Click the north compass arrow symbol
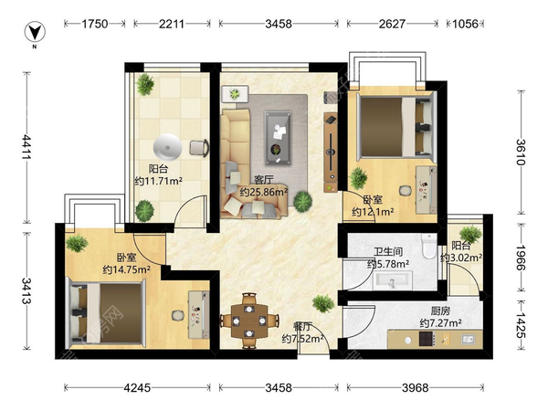point(35,32)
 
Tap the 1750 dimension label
point(95,24)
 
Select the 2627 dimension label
point(392,24)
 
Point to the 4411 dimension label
point(26,147)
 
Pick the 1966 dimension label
point(521,258)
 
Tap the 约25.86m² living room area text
point(264,192)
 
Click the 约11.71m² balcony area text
point(158,181)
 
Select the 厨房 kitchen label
point(440,311)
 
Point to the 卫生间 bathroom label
point(388,252)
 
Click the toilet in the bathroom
point(428,246)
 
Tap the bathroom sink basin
point(392,280)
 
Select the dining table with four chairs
point(249,321)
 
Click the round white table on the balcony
point(167,147)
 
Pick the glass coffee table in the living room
point(278,138)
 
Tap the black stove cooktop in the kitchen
point(427,339)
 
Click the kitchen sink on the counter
point(468,339)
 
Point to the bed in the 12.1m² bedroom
point(396,127)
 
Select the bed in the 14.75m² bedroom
point(106,312)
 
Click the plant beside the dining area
point(323,303)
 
